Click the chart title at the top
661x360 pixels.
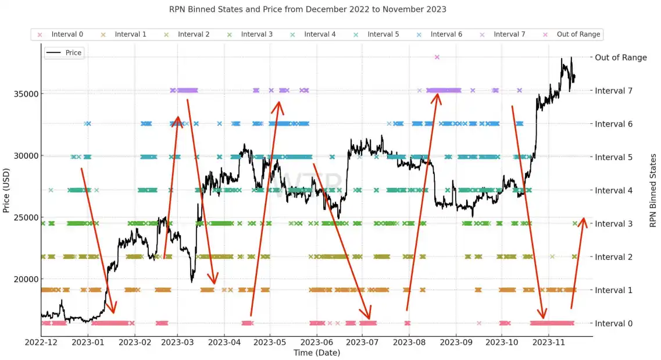[308, 9]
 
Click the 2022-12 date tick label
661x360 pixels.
[41, 343]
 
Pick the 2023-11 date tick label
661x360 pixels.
[549, 343]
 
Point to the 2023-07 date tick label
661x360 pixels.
[362, 343]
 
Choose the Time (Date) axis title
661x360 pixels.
[316, 352]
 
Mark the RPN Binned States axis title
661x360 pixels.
[653, 190]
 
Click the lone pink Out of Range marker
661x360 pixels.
[437, 57]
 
